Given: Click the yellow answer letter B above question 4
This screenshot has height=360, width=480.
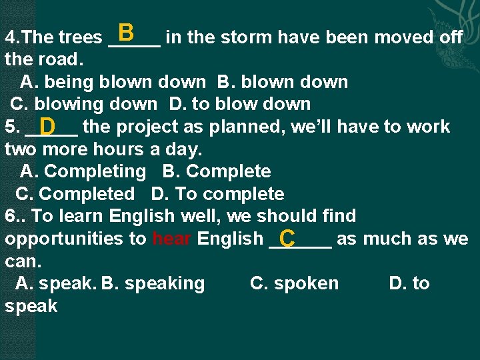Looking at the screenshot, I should [127, 32].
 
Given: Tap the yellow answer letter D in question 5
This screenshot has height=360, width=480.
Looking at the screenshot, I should [47, 126].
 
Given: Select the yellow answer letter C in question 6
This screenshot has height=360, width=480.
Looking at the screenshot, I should [288, 238].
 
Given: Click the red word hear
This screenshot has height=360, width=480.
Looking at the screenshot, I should [173, 239].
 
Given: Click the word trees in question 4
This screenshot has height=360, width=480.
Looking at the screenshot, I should [81, 37].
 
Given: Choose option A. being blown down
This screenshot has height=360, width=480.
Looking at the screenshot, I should [113, 82].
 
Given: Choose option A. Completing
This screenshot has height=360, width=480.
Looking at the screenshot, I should [83, 171].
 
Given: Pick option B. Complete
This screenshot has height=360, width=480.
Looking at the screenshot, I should [217, 171].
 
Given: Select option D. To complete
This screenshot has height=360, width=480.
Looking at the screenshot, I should [217, 194].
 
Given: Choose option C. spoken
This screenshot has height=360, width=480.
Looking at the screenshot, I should [294, 283].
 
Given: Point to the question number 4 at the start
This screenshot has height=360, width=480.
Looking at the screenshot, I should [9, 37].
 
